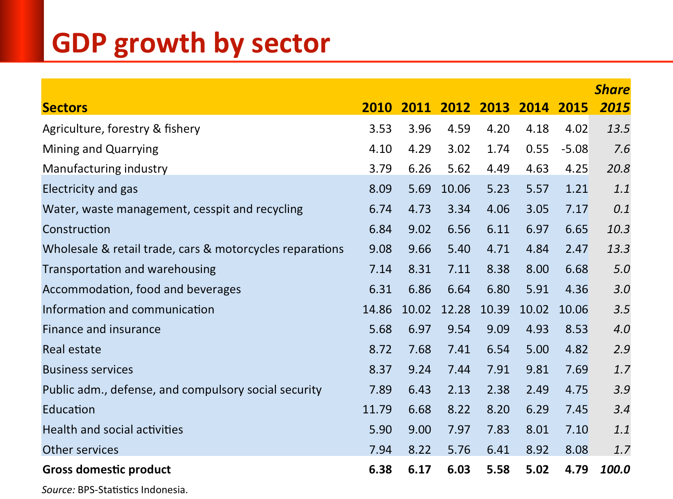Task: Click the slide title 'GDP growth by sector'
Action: pos(191,43)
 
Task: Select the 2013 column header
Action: pos(494,108)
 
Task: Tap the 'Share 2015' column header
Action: pos(613,99)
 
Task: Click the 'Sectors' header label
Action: pos(65,108)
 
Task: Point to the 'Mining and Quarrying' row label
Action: pos(101,149)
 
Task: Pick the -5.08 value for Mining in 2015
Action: pos(574,149)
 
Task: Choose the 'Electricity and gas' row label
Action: pos(90,189)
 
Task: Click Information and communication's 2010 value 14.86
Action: pos(377,309)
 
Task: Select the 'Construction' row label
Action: pos(76,229)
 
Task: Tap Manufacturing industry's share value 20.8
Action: pos(618,169)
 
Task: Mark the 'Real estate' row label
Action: pos(72,349)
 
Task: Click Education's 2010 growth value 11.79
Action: pos(377,409)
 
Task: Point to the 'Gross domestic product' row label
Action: pos(107,469)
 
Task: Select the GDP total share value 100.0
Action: pos(615,469)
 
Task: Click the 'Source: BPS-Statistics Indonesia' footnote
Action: pos(115,490)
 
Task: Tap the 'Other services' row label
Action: pos(81,450)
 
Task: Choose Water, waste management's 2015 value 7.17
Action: pos(577,209)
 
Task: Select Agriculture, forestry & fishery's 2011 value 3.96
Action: pos(420,129)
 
